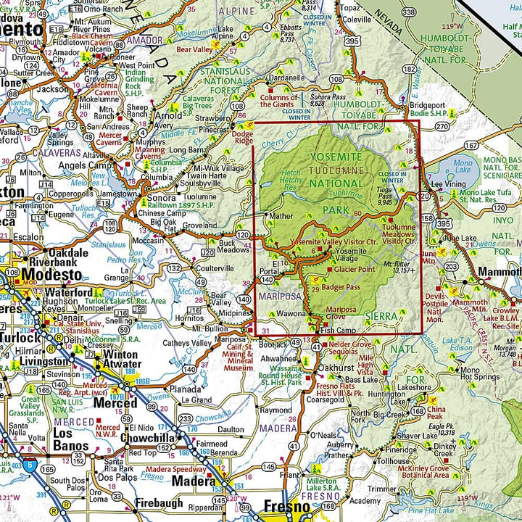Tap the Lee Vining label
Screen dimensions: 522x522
(x=447, y=206)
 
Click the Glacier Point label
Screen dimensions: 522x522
(x=354, y=269)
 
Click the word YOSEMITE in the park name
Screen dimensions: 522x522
(x=335, y=157)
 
